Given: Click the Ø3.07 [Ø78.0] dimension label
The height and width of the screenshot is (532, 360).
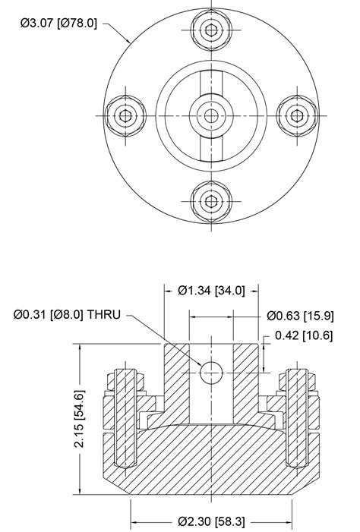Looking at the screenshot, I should (58, 23).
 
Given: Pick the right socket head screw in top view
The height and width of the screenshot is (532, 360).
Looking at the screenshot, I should (294, 115).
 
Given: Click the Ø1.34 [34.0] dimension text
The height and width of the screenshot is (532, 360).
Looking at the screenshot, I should (211, 291).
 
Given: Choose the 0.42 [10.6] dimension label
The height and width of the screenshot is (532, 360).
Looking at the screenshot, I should (304, 335).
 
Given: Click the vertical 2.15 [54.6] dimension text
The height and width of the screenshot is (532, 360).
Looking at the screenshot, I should (79, 418).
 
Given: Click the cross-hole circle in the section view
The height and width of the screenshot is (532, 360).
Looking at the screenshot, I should (210, 372).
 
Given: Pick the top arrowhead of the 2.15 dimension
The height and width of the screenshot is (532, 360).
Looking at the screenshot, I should (79, 348).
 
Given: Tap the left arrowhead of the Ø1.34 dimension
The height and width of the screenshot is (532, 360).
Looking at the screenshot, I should (169, 291).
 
